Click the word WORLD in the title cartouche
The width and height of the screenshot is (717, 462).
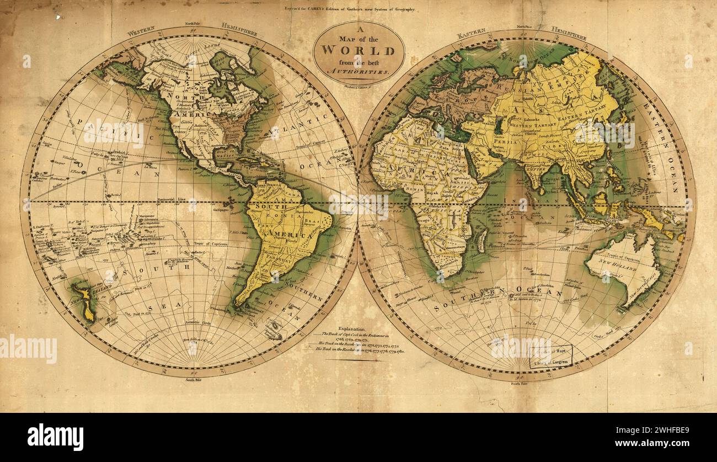(x=358, y=50)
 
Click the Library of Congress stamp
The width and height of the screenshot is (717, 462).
(x=551, y=357)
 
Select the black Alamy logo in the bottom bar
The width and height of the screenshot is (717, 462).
(x=55, y=437)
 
